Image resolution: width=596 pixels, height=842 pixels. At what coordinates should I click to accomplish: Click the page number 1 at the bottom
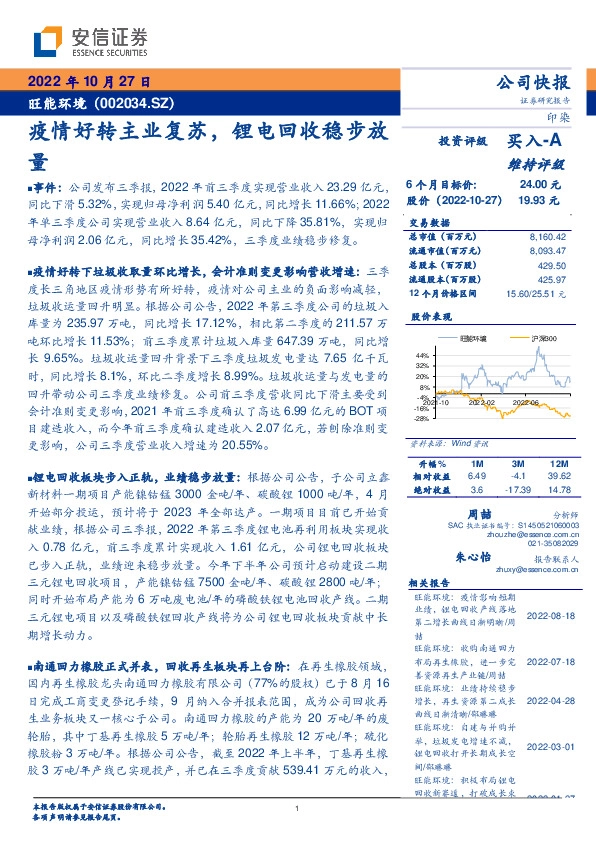point(298,809)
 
